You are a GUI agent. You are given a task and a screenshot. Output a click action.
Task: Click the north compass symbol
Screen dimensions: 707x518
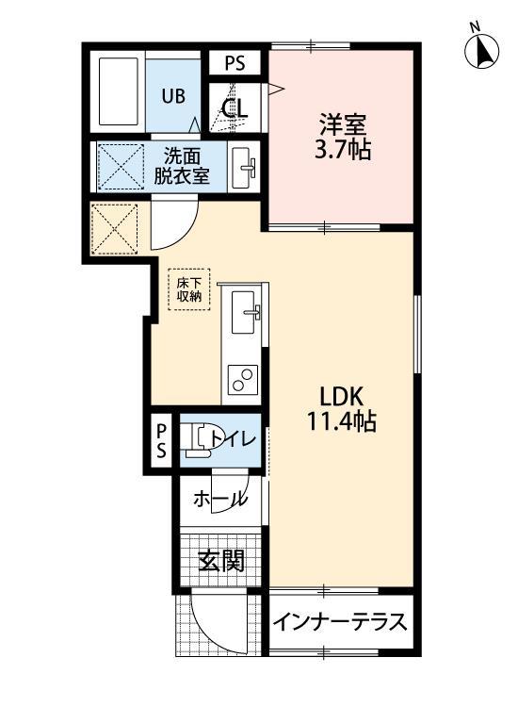(482, 49)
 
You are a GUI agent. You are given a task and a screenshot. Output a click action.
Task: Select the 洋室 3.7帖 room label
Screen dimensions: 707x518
(341, 138)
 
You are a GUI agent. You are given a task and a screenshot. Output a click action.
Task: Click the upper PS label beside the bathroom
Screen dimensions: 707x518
(235, 63)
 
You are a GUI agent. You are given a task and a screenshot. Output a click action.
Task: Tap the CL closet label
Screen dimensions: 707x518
(235, 107)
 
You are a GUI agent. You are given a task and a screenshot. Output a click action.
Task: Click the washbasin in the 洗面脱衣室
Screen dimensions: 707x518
(246, 167)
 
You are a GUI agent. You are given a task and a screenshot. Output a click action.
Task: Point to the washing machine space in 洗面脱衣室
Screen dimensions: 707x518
(118, 167)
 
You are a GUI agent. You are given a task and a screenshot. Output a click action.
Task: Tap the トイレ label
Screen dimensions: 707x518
(230, 438)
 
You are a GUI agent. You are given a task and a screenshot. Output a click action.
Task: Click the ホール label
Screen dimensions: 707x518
(220, 500)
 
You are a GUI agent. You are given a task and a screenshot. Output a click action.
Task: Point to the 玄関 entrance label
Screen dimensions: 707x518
(221, 562)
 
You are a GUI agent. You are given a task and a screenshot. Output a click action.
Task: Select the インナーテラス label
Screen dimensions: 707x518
(342, 623)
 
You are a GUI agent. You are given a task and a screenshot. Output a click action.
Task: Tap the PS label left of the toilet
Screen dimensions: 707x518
(162, 439)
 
